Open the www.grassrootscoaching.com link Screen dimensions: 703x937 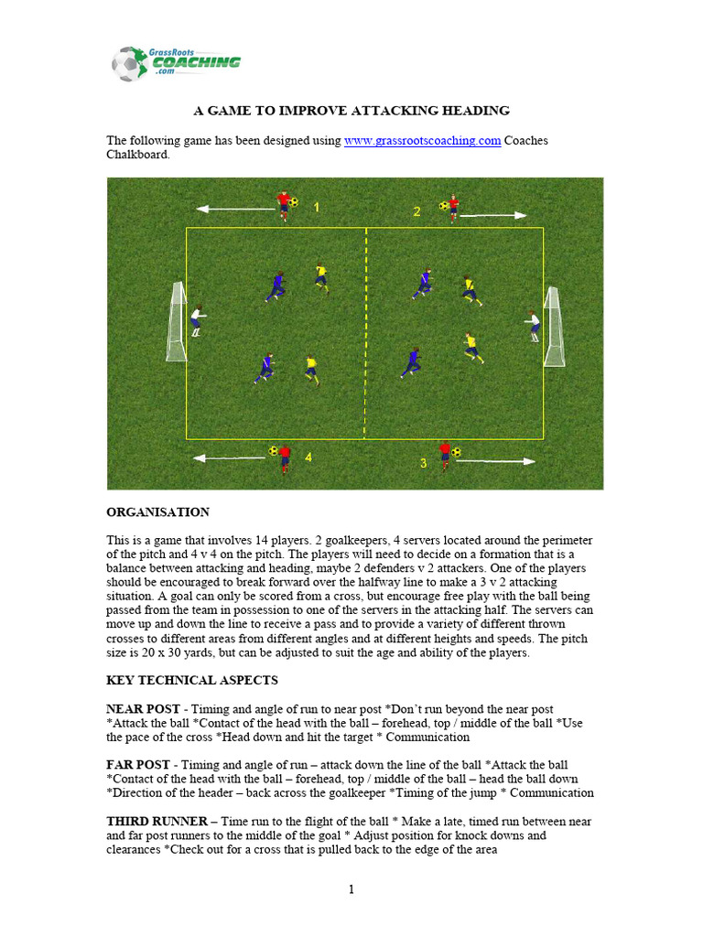tap(422, 140)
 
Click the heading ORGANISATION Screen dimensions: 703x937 tap(157, 512)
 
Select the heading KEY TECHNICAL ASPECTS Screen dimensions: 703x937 tap(192, 681)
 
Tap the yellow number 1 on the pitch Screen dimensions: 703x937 tap(317, 208)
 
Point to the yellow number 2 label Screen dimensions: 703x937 tap(416, 211)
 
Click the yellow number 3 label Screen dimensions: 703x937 tap(423, 464)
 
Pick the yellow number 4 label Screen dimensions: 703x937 tap(308, 457)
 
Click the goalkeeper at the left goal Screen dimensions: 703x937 tap(196, 320)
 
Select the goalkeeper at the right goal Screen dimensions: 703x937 tap(534, 325)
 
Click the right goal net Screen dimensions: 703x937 tap(554, 326)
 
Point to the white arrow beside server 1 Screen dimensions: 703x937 tap(234, 210)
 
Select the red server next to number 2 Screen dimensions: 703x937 tap(453, 207)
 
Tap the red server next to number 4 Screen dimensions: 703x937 tap(285, 457)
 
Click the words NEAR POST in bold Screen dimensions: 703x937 tap(137, 709)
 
